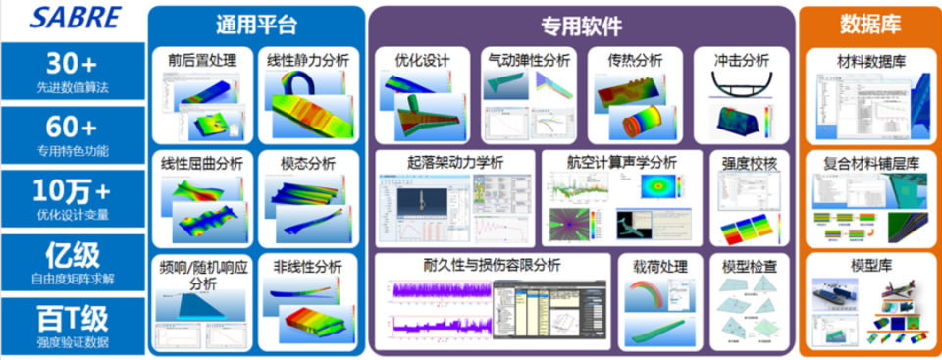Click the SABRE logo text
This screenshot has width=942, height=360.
click(x=70, y=17)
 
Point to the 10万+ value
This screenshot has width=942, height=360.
click(x=71, y=189)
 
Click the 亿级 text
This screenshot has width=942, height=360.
click(x=71, y=255)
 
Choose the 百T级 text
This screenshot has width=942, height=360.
click(x=71, y=318)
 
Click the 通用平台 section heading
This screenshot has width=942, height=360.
click(x=255, y=24)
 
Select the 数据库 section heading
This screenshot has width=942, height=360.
click(x=870, y=24)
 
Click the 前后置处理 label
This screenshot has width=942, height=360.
click(x=201, y=61)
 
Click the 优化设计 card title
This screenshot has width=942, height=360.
click(x=422, y=61)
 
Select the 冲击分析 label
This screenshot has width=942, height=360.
click(x=742, y=61)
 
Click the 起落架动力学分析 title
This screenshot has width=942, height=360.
click(x=455, y=161)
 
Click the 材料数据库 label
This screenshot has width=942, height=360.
click(x=869, y=61)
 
